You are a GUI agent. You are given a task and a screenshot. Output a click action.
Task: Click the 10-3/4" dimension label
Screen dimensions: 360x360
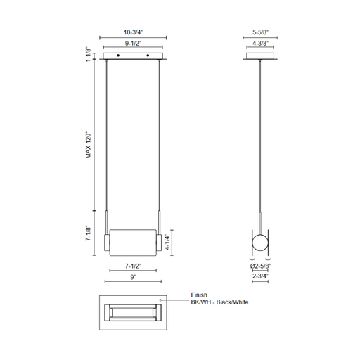133,32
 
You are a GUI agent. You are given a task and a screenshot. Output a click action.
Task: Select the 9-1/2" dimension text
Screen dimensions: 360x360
133,44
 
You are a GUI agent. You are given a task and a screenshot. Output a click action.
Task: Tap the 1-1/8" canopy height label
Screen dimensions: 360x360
88,54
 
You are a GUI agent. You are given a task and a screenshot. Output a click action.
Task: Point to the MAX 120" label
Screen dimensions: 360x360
89,146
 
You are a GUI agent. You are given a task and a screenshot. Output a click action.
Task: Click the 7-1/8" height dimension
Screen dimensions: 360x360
88,233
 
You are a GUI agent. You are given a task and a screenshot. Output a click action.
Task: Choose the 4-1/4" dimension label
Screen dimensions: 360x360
167,242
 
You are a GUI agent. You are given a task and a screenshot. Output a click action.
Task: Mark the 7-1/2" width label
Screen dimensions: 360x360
133,266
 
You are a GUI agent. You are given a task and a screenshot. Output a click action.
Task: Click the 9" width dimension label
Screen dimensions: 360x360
133,277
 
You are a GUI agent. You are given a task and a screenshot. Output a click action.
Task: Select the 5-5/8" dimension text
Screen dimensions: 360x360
260,32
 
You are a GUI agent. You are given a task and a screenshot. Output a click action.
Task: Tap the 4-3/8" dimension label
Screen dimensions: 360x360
260,44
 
